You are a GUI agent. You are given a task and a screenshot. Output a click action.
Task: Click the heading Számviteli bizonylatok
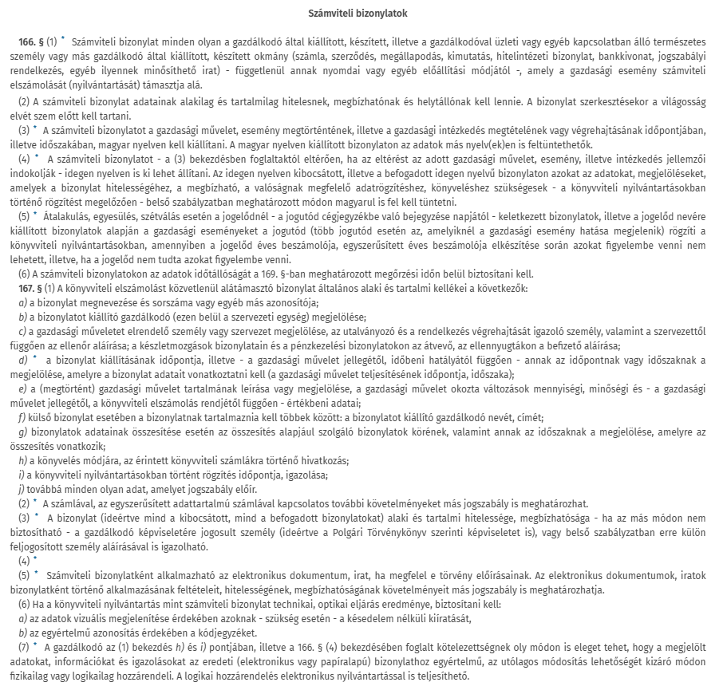(359, 14)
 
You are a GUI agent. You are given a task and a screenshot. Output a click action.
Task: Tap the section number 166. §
(31, 40)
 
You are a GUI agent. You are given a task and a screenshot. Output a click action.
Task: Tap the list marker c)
(22, 330)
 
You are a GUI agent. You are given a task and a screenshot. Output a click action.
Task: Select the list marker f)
(21, 416)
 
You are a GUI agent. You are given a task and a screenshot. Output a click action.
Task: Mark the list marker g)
(22, 431)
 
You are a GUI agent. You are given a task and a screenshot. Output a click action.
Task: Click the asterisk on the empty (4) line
(34, 560)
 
